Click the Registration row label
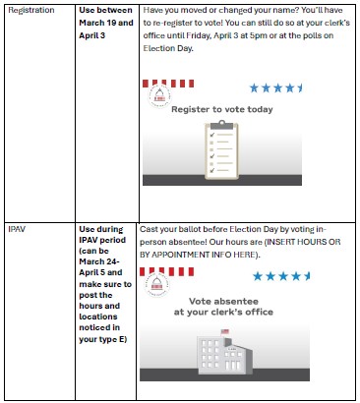31,11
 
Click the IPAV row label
17,229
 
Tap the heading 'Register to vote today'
222,109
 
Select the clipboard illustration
221,150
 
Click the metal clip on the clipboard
222,125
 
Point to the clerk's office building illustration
224,352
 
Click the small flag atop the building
225,332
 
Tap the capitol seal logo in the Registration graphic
159,96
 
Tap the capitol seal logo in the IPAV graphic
156,285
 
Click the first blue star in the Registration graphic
254,88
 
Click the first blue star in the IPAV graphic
258,276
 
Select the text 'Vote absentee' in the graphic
223,302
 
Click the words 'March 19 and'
106,23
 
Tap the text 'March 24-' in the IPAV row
99,261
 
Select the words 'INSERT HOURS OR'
304,242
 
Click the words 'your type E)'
103,339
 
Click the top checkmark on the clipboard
212,135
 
